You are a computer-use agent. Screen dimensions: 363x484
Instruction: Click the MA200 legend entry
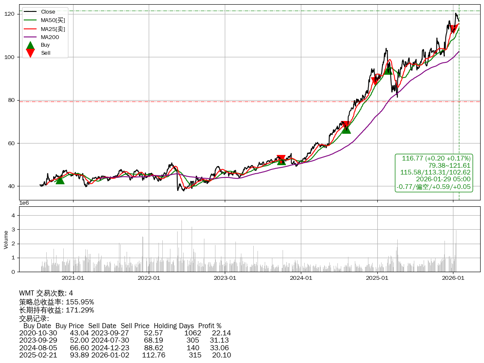point(50,37)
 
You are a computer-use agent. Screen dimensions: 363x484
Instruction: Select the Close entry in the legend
point(48,11)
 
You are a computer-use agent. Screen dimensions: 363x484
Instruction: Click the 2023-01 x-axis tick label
point(225,278)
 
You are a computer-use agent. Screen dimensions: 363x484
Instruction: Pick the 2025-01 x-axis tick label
point(377,278)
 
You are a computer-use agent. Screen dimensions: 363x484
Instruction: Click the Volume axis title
point(6,239)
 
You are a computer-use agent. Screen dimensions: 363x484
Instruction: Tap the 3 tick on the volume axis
point(13,230)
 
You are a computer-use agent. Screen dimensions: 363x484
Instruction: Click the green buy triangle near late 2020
point(60,180)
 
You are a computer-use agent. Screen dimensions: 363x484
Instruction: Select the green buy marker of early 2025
point(388,70)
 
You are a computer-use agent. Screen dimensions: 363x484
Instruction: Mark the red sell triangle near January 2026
point(454,29)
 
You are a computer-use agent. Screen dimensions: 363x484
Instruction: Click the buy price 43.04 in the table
point(79,333)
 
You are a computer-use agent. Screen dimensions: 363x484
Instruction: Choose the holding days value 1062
point(192,333)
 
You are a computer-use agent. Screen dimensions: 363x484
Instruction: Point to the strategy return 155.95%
point(80,302)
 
